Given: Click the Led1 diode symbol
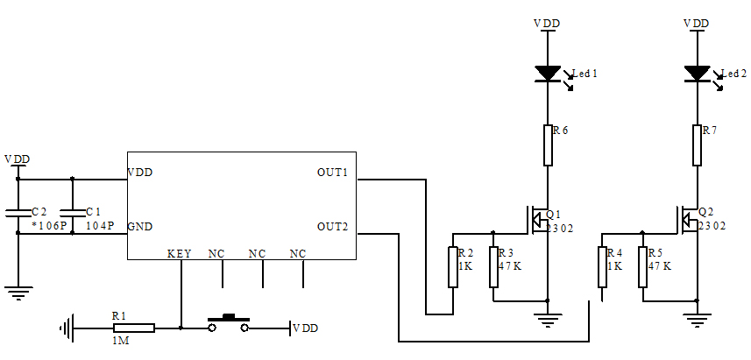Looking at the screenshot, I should click(548, 74).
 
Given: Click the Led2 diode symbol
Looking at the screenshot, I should click(697, 74).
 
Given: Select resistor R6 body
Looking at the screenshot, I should click(548, 145).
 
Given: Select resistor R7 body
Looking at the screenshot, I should click(697, 145).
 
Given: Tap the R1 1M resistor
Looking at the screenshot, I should click(134, 328).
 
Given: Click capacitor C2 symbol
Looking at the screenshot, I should click(18, 213).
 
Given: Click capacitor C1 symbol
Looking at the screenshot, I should click(72, 213).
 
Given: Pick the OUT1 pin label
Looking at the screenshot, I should click(332, 173).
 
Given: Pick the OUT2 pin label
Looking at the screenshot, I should click(332, 227).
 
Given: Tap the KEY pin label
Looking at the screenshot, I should click(179, 254).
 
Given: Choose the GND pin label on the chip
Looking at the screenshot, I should click(140, 227).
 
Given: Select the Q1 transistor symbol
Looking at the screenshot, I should click(537, 219).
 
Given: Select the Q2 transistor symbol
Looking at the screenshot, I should click(686, 219).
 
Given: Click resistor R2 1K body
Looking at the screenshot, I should click(452, 267).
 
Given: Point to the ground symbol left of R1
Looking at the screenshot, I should click(66, 328).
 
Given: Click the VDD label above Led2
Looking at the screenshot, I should click(696, 24).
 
